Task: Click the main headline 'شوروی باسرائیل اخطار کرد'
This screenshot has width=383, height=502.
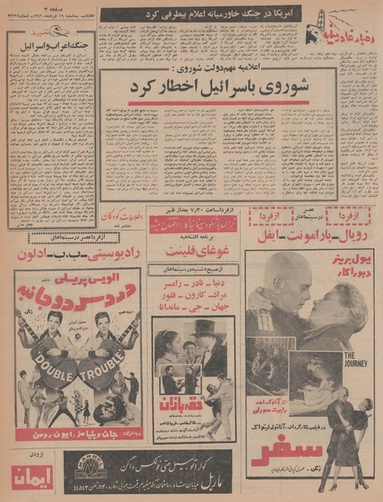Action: tap(219, 89)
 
